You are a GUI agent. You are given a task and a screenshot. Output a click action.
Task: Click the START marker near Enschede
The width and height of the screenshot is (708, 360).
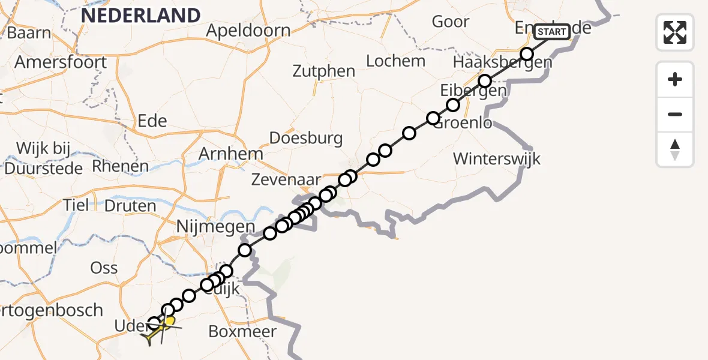551,31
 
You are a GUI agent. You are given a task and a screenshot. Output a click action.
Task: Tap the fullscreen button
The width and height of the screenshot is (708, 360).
675,32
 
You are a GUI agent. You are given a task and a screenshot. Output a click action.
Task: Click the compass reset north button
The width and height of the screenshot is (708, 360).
675,149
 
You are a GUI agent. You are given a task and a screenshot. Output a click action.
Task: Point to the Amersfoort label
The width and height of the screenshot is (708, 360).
61,62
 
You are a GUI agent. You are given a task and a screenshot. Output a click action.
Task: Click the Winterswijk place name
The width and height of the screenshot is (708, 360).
497,159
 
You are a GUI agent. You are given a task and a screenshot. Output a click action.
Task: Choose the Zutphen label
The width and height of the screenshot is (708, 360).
324,71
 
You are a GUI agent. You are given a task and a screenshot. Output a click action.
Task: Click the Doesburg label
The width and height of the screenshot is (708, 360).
306,138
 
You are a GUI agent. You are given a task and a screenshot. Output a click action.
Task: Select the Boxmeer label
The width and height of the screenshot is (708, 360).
242,331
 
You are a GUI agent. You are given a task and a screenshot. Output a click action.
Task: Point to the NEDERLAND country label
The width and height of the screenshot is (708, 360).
140,15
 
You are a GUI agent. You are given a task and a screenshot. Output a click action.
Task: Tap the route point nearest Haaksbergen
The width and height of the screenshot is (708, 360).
527,54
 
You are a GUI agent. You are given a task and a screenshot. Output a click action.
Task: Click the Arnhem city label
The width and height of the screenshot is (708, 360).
231,154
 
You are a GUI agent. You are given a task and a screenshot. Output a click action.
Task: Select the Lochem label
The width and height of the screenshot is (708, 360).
395,61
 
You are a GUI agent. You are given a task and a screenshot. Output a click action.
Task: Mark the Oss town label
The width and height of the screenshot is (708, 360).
104,268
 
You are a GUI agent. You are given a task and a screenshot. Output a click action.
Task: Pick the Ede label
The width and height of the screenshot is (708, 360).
152,121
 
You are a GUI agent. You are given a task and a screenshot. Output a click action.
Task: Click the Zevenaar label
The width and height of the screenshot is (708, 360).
286,179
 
